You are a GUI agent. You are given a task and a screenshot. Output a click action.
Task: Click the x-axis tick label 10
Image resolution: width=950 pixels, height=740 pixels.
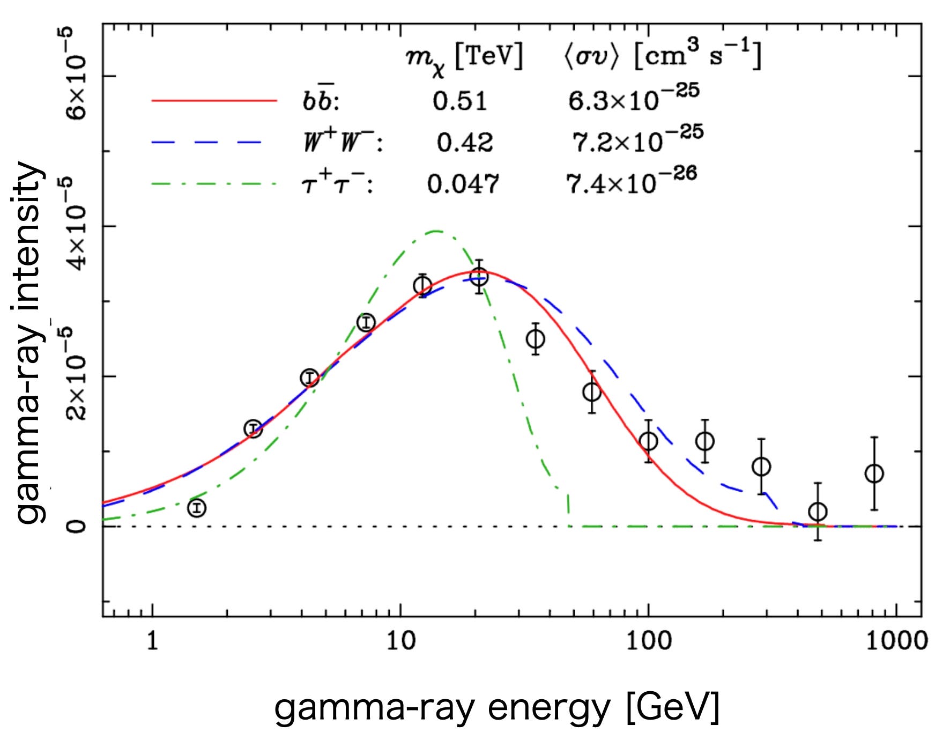coord(401,640)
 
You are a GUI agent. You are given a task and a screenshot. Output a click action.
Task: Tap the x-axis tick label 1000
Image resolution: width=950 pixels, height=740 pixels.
coord(896,640)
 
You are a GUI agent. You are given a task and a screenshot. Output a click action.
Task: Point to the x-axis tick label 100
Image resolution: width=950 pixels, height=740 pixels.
coord(649,640)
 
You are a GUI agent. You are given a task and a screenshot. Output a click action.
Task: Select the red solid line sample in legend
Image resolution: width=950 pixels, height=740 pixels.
coord(214,100)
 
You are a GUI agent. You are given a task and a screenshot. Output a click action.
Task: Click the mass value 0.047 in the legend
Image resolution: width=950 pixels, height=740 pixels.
coord(463,184)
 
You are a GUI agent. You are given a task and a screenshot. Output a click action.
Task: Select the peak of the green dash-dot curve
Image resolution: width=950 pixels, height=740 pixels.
coord(437,231)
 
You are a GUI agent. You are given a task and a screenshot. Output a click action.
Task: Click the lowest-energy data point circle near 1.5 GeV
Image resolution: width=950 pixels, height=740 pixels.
coord(197,507)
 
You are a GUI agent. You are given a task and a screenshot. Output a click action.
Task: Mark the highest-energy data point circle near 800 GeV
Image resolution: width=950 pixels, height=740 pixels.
coord(874,473)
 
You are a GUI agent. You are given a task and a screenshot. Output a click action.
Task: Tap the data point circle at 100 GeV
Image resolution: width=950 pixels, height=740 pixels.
coord(649,441)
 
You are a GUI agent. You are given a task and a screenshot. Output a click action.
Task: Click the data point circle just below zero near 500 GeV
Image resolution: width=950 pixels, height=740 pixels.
coord(818,512)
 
